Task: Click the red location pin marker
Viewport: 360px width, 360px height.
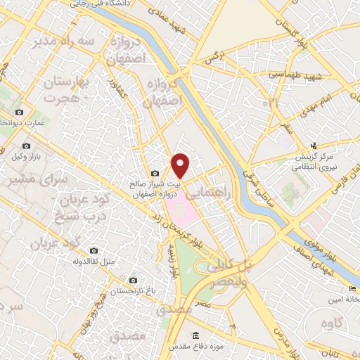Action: pos(181,165)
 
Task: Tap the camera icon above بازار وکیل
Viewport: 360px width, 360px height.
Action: pos(18,145)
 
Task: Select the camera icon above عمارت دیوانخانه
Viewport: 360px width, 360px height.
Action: pos(18,112)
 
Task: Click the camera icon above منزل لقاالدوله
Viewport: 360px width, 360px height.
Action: pos(94,250)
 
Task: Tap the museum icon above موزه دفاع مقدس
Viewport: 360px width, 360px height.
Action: pos(195,337)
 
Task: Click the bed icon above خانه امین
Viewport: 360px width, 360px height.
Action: pos(352,289)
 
